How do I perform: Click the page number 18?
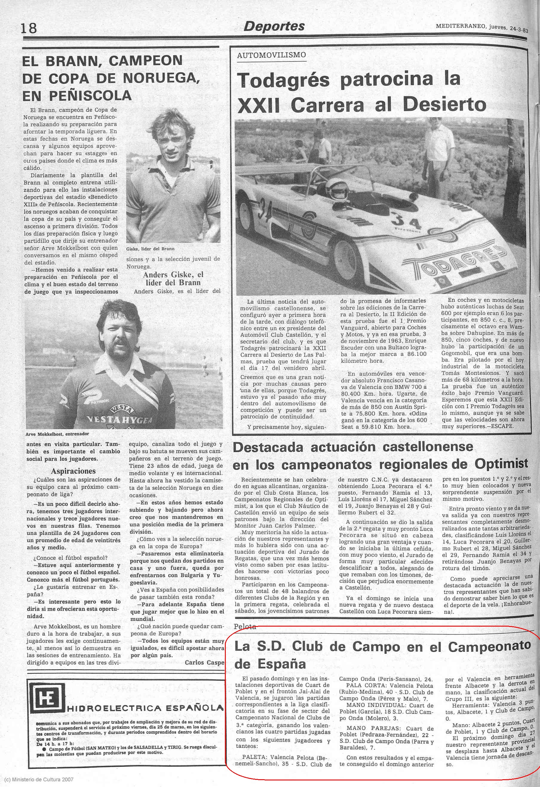[x=29, y=28]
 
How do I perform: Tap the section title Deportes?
[x=274, y=26]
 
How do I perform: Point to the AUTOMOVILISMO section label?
[x=271, y=55]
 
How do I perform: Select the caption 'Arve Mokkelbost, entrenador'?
[x=57, y=434]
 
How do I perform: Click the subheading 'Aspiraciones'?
[x=73, y=471]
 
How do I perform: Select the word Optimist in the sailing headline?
[x=501, y=463]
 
